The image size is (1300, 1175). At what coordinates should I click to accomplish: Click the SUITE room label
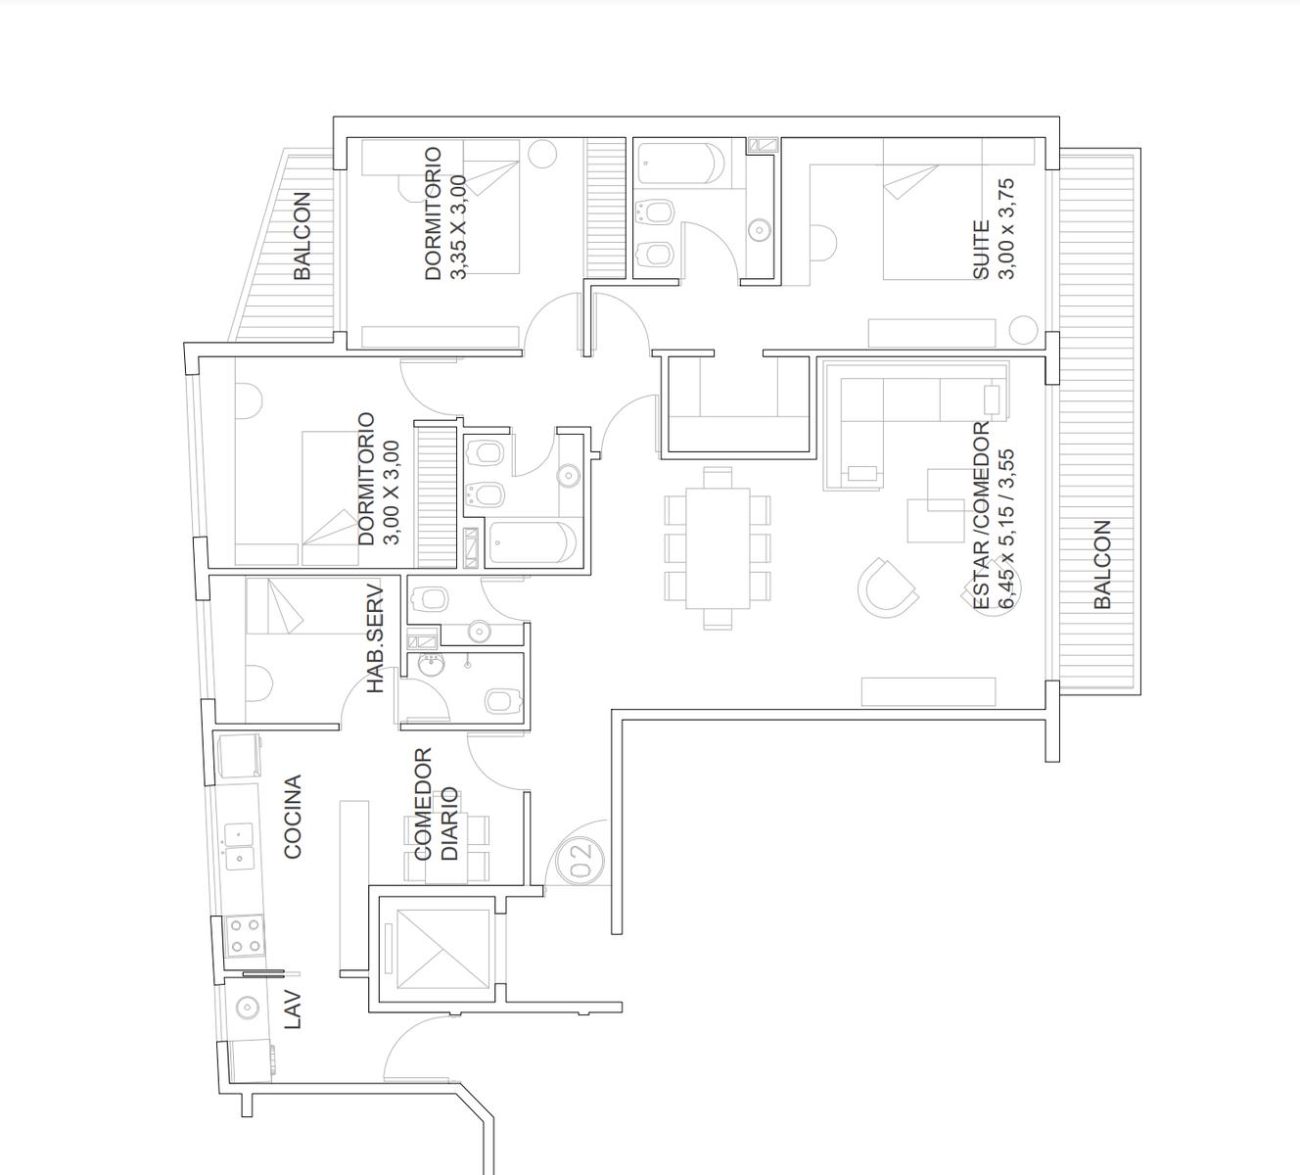(x=981, y=250)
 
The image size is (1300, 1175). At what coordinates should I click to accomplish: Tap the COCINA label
(x=293, y=817)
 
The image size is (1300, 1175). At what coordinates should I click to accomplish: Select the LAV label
(x=293, y=1009)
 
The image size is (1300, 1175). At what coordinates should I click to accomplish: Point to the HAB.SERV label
(x=375, y=638)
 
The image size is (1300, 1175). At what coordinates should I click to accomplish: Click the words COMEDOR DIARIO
(x=436, y=804)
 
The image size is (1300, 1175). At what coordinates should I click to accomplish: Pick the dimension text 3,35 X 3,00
(x=458, y=227)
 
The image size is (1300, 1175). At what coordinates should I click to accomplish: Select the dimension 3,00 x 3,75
(x=1006, y=229)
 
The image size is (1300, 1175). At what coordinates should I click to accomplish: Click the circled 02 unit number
(x=580, y=861)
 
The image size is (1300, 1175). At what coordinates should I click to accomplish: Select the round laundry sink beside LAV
(x=247, y=1007)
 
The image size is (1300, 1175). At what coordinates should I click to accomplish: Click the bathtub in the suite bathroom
(x=681, y=164)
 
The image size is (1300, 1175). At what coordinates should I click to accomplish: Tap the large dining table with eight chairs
(x=718, y=548)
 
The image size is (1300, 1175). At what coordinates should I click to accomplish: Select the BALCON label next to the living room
(x=1101, y=564)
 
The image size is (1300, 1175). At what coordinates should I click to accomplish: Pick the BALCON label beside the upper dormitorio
(x=302, y=235)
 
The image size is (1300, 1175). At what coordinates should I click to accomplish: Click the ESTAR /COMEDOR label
(x=981, y=515)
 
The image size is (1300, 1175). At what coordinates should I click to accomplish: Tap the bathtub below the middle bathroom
(x=533, y=542)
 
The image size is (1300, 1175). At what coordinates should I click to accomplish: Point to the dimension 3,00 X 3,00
(x=392, y=493)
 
